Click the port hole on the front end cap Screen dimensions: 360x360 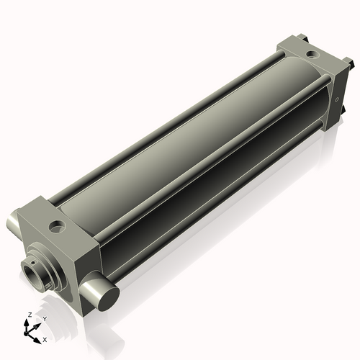click(x=56, y=228)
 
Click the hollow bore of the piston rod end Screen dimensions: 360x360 click(x=32, y=274)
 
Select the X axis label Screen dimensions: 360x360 click(x=45, y=338)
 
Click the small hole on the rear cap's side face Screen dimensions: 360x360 click(x=336, y=99)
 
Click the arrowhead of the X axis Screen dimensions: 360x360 click(x=39, y=337)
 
